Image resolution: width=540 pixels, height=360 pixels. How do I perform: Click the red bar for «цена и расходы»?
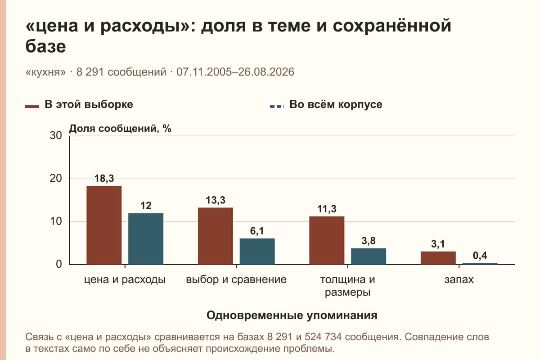(104, 225)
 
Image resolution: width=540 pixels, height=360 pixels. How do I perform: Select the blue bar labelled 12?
(146, 238)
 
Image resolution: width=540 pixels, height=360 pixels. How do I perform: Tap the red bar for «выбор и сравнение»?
(216, 236)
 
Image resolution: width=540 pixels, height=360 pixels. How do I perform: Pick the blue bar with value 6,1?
(257, 252)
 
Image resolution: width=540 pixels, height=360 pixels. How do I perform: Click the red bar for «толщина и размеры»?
(327, 240)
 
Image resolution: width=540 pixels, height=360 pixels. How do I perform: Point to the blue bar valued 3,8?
(369, 256)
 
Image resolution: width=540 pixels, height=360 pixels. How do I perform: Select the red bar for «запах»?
(438, 258)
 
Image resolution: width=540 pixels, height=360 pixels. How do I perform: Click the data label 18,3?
(104, 179)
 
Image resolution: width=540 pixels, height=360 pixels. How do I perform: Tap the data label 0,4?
(480, 256)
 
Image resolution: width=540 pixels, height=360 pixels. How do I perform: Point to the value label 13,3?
(216, 200)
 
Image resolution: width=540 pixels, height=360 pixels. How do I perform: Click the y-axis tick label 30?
(56, 135)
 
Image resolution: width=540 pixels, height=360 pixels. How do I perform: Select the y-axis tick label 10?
(56, 221)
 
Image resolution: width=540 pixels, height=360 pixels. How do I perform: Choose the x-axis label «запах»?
(459, 279)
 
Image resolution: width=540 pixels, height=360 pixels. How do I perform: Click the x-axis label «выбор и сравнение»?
(236, 279)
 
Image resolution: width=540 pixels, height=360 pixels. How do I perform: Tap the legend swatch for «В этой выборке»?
(32, 106)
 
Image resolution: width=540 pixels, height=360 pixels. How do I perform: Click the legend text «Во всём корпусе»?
(336, 104)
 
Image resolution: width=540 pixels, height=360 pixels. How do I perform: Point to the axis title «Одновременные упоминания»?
(292, 315)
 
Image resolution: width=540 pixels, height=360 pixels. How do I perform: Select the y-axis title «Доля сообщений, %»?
(120, 129)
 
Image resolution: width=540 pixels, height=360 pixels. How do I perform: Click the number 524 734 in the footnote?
(323, 337)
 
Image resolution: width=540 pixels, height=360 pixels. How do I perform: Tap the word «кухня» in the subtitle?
(45, 72)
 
